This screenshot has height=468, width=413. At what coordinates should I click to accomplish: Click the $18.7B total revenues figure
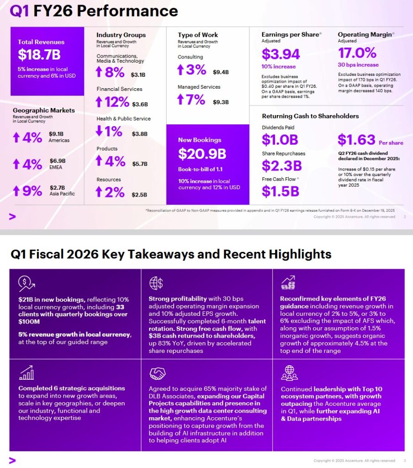coord(39,55)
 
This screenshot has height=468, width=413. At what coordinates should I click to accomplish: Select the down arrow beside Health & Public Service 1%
coord(99,132)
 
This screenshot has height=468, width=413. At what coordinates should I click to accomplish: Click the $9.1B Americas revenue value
coord(57,134)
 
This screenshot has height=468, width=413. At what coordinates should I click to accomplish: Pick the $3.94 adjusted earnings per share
coord(281,54)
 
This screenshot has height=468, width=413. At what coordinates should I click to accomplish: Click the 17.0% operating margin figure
coord(357,53)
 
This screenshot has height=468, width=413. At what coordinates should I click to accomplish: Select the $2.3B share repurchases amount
coord(281,165)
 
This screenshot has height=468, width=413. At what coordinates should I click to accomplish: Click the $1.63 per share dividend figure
coord(356,140)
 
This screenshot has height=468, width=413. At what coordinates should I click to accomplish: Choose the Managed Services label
coord(199,87)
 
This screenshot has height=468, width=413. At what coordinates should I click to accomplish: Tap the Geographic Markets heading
coord(43,111)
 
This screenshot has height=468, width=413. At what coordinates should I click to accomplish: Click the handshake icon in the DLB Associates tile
coord(157,374)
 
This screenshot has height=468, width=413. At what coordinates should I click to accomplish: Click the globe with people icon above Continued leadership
coord(289,373)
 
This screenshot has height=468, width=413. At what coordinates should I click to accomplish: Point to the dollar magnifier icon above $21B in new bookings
coord(26,284)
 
